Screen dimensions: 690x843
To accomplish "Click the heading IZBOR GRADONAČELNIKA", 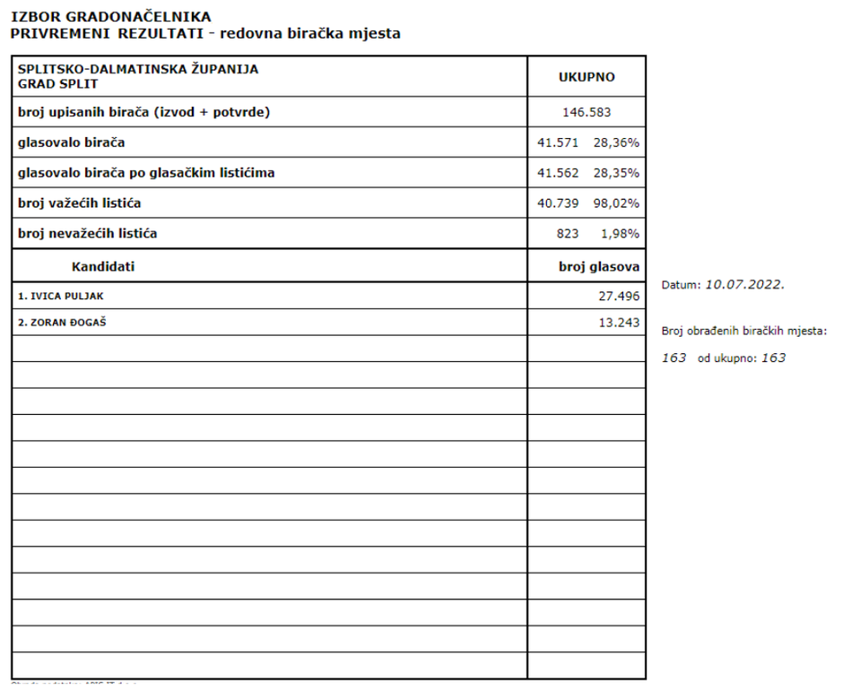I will [111, 16].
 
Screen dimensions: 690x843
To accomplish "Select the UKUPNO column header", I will [587, 77].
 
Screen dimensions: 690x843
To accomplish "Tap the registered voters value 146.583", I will [586, 112].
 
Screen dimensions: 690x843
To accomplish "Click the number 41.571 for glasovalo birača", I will [558, 142].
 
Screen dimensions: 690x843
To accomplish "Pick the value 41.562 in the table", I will [558, 173].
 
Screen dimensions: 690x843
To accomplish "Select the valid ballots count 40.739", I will [558, 203].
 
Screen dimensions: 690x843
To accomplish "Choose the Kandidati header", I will [102, 266].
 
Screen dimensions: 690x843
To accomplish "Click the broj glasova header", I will [599, 266].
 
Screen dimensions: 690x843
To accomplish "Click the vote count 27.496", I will [619, 296].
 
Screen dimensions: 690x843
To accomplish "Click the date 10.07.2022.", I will [744, 285].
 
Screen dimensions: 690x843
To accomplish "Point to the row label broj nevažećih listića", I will [88, 234].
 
